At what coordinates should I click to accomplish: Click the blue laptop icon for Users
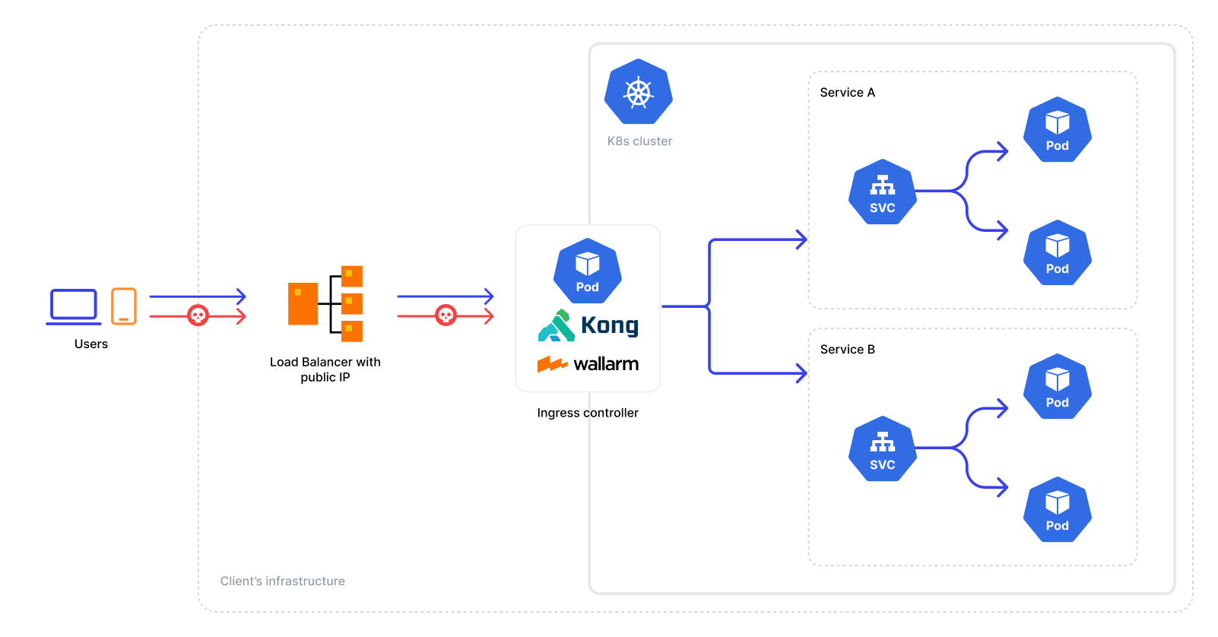[74, 306]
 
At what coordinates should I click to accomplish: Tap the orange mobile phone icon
[124, 306]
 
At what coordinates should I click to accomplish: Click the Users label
[91, 344]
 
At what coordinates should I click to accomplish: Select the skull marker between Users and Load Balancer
[198, 315]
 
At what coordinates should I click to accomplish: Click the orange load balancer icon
[325, 303]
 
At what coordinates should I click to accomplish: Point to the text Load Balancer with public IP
[325, 369]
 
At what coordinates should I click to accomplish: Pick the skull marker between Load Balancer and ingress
[446, 315]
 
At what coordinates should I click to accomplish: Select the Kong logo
[588, 325]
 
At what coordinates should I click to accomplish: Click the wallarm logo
[588, 364]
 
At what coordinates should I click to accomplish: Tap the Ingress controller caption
[588, 413]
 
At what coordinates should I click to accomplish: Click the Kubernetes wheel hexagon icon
[639, 92]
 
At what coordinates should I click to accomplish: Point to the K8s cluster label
[639, 141]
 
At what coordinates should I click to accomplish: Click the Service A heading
[847, 93]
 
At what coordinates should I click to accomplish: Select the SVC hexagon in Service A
[882, 192]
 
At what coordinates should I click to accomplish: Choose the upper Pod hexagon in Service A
[1057, 130]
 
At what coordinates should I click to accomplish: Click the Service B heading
[847, 350]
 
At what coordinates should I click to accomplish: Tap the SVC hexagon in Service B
[882, 449]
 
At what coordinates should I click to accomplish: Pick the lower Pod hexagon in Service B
[1057, 510]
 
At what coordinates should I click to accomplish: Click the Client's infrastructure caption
[282, 582]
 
